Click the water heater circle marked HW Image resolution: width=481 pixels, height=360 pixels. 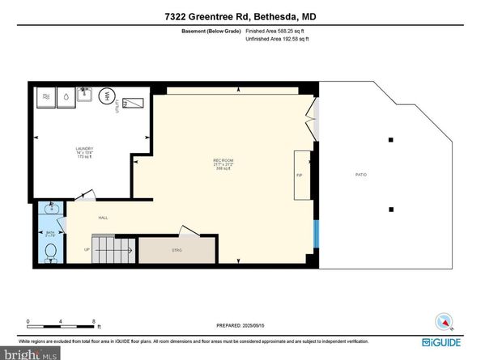[105, 96]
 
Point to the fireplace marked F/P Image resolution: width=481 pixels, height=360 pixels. [300, 174]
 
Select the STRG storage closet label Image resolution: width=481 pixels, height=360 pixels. [177, 250]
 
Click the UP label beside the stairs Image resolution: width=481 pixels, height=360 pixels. [87, 249]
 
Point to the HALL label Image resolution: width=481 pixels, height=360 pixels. [103, 217]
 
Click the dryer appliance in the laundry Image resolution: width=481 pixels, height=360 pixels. [46, 95]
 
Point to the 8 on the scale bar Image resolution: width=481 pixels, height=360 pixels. [96, 321]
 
